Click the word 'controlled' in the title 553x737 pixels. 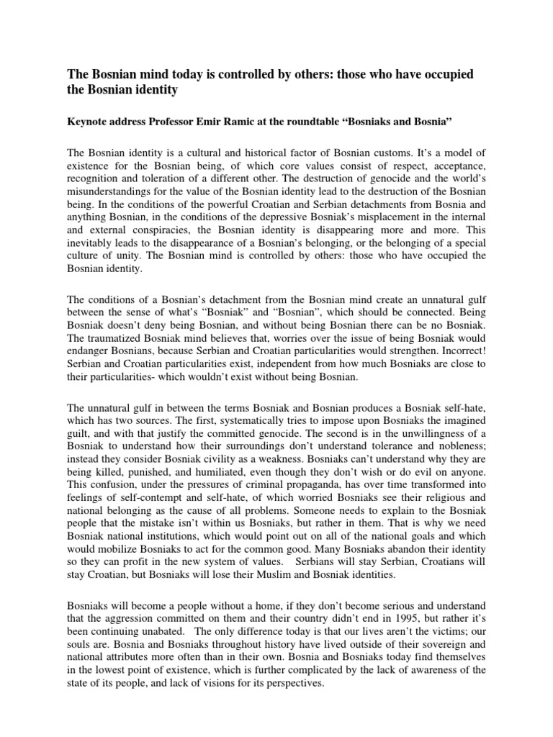coord(245,76)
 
